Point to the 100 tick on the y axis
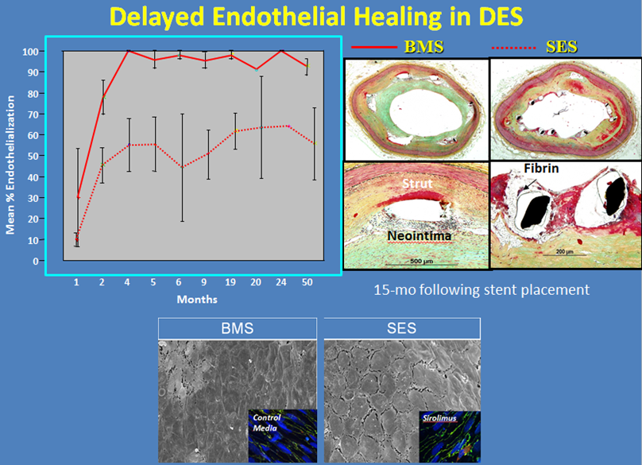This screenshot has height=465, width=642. (x=30, y=52)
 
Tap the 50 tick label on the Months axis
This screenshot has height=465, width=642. (x=307, y=282)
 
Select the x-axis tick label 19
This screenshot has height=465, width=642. (x=230, y=282)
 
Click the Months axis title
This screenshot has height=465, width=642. (x=197, y=300)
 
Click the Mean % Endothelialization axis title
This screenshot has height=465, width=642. (x=10, y=165)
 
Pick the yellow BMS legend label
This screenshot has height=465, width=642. (x=423, y=47)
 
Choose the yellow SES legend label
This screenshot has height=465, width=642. (x=562, y=47)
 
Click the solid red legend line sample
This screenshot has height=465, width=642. (x=373, y=47)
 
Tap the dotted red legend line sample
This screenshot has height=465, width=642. (x=513, y=48)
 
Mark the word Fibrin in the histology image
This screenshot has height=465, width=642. (x=541, y=169)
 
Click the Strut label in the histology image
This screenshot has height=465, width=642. (x=417, y=184)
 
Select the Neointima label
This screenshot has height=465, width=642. (x=420, y=236)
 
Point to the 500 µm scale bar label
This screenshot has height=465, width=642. (x=421, y=261)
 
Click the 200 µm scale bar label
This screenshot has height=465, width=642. (x=565, y=251)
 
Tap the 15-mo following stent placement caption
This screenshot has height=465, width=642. (x=481, y=289)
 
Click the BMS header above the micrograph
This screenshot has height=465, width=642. (x=238, y=328)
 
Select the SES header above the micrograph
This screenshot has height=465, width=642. (x=402, y=328)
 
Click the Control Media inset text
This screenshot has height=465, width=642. (x=266, y=423)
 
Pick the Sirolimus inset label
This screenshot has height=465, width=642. (x=439, y=418)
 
